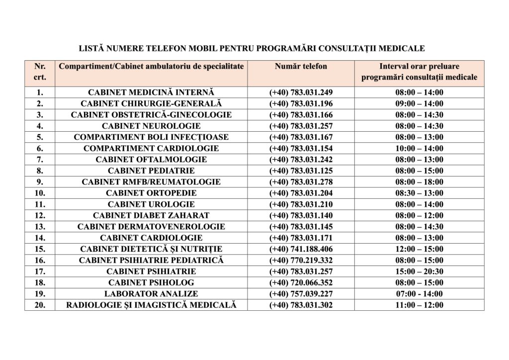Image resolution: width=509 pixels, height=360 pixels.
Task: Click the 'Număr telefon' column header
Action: [301, 67]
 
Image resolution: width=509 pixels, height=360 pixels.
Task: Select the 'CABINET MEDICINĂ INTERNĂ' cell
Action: [151, 92]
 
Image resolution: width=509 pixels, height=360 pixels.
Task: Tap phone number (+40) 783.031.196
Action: [301, 103]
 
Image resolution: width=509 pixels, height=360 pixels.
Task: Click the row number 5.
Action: [40, 137]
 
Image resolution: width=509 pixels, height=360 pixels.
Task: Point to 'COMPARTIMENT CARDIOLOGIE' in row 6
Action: [151, 148]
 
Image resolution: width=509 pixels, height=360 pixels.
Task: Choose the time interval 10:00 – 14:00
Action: [420, 148]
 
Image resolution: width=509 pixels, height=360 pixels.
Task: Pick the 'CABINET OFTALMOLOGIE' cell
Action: [151, 160]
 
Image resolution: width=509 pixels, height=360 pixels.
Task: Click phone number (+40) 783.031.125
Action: [301, 171]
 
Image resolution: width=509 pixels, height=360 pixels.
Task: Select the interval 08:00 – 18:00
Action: [420, 182]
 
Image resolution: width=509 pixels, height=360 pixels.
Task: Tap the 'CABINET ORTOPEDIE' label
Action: [151, 193]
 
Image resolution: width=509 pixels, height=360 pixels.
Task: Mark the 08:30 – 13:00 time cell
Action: [420, 193]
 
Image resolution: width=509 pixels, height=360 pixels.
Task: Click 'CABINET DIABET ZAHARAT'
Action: [151, 215]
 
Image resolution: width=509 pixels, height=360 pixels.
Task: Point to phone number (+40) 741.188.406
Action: [301, 249]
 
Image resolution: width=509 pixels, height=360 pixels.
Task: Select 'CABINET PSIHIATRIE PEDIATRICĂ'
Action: [151, 260]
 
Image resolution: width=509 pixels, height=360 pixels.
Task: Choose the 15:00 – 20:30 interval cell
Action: [420, 271]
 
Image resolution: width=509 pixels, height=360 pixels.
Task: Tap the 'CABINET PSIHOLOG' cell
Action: [151, 282]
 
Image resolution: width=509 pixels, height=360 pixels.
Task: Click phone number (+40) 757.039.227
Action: [301, 294]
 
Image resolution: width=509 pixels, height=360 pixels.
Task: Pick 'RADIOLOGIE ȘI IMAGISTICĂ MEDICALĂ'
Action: [151, 305]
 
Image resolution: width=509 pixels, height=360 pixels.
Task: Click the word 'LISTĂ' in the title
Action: [92, 49]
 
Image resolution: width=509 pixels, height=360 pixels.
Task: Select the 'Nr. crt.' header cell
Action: [40, 72]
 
